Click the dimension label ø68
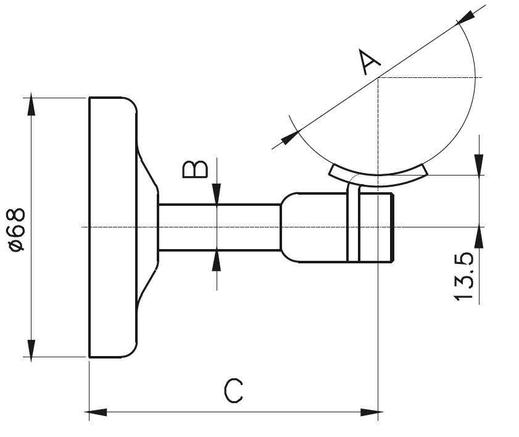pyautogui.click(x=17, y=229)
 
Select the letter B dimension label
pyautogui.click(x=196, y=168)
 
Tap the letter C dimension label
pyautogui.click(x=233, y=391)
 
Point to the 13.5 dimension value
pyautogui.click(x=463, y=276)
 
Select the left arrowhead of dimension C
pyautogui.click(x=98, y=412)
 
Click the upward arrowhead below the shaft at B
pyautogui.click(x=217, y=260)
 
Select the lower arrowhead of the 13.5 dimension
pyautogui.click(x=479, y=237)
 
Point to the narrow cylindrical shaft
pyautogui.click(x=219, y=227)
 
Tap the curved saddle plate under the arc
pyautogui.click(x=378, y=176)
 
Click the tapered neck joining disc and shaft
pyautogui.click(x=147, y=227)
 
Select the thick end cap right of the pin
pyautogui.click(x=376, y=227)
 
